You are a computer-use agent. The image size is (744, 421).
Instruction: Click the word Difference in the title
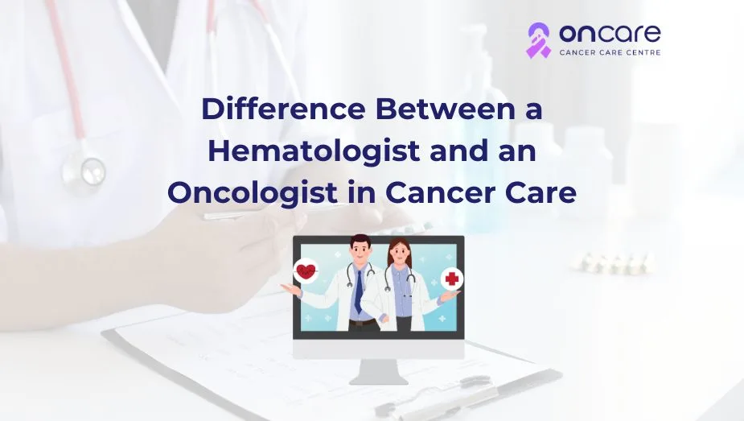(x=283, y=109)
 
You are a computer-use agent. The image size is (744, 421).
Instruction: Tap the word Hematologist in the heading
(x=314, y=151)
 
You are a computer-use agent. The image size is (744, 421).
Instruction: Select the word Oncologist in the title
(x=252, y=193)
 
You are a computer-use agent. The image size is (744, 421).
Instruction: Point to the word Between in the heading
(x=444, y=109)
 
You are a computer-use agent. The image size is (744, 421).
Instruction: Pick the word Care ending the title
(x=541, y=193)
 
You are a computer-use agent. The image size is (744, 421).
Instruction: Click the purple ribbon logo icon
(x=539, y=40)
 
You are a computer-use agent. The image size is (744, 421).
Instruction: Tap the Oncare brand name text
(x=610, y=34)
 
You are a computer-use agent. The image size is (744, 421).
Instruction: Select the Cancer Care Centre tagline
(x=610, y=52)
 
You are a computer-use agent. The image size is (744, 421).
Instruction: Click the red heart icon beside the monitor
(x=306, y=271)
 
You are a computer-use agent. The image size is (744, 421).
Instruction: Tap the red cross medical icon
(x=452, y=279)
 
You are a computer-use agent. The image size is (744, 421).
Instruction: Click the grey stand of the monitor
(x=379, y=372)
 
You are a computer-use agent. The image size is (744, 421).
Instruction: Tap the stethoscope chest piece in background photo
(x=84, y=169)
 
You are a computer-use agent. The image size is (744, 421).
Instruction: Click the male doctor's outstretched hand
(x=290, y=288)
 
